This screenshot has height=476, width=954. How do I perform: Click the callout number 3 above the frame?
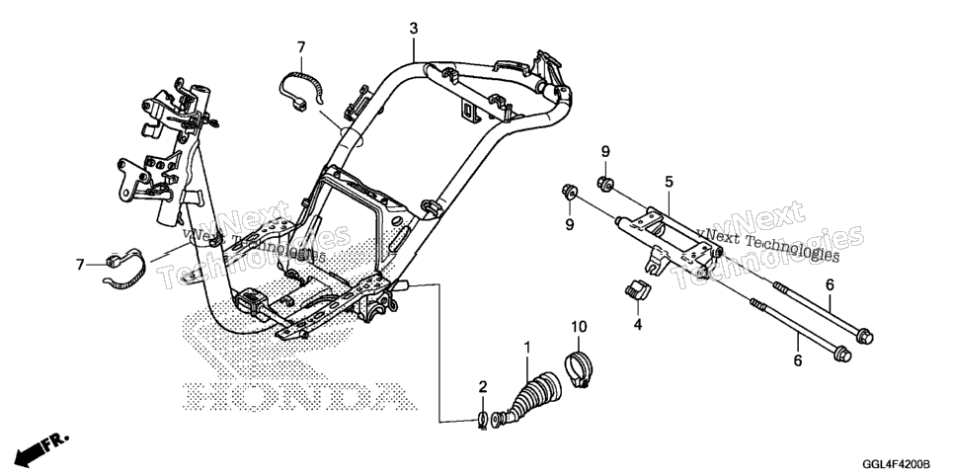coord(414,28)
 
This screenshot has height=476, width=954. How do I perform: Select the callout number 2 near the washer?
coord(483,386)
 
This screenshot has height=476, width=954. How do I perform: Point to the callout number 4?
coord(638,325)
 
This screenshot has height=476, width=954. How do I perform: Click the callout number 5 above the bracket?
coord(669,182)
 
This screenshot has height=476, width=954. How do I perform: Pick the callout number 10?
coord(579,327)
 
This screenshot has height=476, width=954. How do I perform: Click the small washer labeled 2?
coord(483,419)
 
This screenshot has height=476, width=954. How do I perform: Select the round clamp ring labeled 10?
coord(579,366)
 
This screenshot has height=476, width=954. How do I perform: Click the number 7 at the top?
coord(301,46)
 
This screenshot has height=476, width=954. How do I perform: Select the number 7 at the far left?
coord(80,265)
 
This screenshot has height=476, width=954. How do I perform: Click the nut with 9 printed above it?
coord(604,183)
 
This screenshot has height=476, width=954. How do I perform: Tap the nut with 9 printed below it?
coord(570,192)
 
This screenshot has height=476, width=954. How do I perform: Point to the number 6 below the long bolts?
coord(798,361)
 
